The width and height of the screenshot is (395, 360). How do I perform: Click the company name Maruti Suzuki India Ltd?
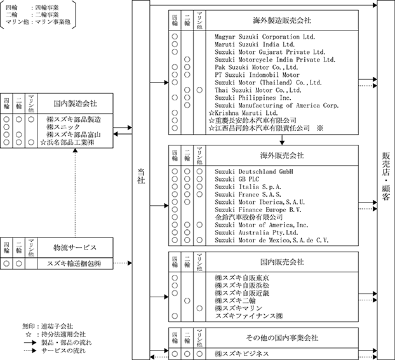coord(254,45)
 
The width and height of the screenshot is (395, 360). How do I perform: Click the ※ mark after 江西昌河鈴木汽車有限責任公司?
coord(321,128)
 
